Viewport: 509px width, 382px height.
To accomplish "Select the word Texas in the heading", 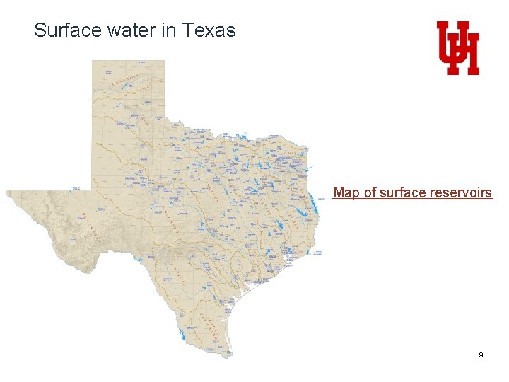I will coord(209,30).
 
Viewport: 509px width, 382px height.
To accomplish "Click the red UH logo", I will coord(457,48).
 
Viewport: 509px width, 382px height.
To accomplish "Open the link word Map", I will coord(346,192).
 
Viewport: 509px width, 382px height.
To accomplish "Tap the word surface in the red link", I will coord(403,192).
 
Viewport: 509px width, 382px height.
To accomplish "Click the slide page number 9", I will coord(481,354).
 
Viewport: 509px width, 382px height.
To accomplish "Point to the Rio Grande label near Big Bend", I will coord(90,226).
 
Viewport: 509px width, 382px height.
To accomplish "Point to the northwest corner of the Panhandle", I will coord(93,61).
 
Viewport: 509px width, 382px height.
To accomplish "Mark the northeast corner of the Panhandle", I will coord(164,61).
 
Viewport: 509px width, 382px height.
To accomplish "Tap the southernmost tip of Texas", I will coord(227,357).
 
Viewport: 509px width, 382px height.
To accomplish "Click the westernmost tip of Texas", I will coord(7,192).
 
